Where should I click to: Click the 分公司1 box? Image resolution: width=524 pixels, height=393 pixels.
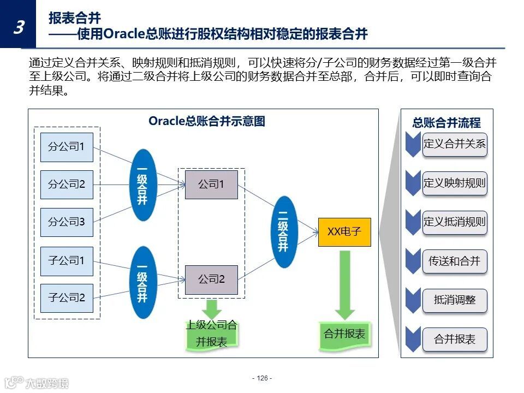click(67, 147)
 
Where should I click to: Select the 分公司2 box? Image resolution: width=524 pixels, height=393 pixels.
click(67, 184)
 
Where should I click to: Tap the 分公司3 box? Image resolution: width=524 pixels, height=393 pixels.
click(67, 222)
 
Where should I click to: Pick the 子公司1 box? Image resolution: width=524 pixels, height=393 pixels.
click(67, 261)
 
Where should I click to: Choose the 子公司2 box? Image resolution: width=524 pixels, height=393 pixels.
click(67, 298)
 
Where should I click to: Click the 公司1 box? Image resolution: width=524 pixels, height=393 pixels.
click(211, 184)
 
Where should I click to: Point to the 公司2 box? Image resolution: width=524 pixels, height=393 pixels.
click(211, 279)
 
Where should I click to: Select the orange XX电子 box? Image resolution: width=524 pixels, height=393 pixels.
click(344, 231)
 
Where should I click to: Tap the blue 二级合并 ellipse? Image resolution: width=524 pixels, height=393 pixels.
click(283, 231)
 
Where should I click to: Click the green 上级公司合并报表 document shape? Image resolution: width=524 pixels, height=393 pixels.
click(212, 334)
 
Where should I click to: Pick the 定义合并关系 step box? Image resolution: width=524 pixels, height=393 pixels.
click(454, 145)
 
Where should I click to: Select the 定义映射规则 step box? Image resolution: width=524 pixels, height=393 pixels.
click(454, 183)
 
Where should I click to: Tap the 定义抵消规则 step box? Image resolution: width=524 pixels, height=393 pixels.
click(454, 222)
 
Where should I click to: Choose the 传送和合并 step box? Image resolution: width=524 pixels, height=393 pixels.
click(454, 261)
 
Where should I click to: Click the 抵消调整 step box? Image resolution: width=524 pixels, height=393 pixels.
click(454, 300)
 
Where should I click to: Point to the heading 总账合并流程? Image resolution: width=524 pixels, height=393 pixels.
click(446, 123)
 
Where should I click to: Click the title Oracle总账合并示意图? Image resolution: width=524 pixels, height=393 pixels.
click(207, 121)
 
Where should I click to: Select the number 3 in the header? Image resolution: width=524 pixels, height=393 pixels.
click(18, 27)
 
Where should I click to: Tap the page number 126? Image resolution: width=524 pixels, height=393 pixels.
click(262, 378)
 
